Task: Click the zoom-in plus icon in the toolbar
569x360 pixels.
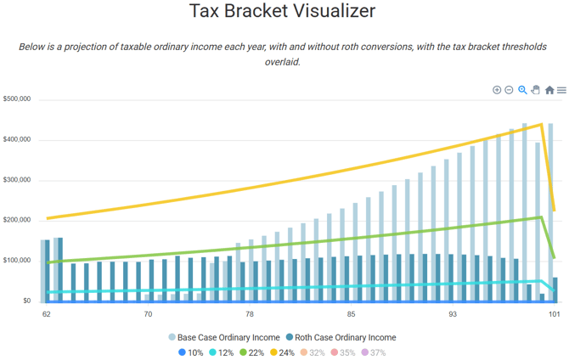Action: (497, 90)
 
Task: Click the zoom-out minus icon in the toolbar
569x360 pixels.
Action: (509, 90)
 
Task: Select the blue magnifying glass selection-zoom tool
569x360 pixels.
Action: (522, 90)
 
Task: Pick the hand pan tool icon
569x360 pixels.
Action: (536, 90)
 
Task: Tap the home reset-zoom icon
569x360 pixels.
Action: (549, 90)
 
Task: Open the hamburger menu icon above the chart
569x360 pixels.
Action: (561, 90)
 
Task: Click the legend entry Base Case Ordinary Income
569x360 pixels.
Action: (228, 337)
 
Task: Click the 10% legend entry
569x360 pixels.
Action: (191, 352)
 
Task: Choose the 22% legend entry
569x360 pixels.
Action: (252, 352)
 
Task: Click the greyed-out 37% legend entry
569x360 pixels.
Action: (373, 352)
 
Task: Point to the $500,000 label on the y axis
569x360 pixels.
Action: (17, 99)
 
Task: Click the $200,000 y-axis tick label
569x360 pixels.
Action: (17, 220)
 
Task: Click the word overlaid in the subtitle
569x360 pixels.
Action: (284, 61)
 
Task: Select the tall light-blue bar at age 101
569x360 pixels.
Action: (550, 212)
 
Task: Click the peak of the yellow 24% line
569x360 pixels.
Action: (541, 125)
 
